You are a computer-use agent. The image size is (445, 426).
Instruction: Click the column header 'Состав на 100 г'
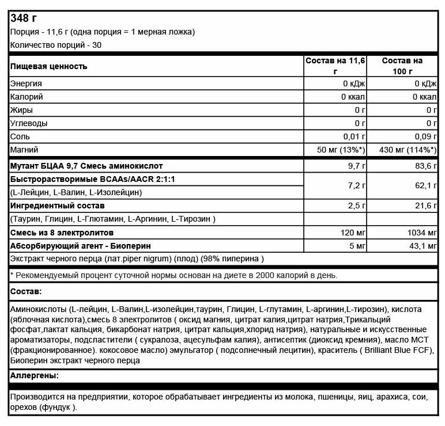(402, 66)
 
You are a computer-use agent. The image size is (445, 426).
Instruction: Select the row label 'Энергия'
(27, 84)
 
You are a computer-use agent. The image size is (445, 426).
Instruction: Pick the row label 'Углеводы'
(29, 123)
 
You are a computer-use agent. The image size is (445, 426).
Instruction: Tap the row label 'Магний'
(25, 150)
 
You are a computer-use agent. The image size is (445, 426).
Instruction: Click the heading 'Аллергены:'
(35, 377)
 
